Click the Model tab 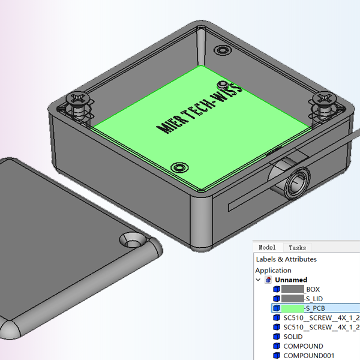coord(267,247)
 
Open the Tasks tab coord(297,247)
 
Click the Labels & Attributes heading coord(286,259)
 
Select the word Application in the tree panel coord(273,270)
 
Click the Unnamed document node coord(291,280)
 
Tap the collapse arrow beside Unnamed coord(259,280)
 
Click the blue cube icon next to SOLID coord(277,337)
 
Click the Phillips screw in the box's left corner coord(78,98)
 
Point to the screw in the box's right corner coord(324,99)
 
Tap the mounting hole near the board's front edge coord(178,167)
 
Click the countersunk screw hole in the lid coord(133,241)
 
